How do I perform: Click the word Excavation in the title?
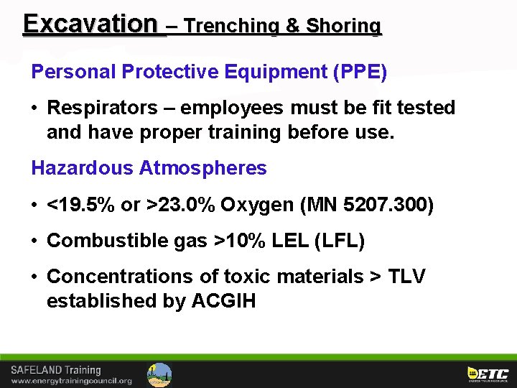(89, 24)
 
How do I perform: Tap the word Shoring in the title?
(344, 27)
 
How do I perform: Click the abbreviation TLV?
(406, 277)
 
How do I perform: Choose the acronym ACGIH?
(223, 301)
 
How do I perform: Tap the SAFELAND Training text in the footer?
(56, 371)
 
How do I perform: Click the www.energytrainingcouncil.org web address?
(71, 381)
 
